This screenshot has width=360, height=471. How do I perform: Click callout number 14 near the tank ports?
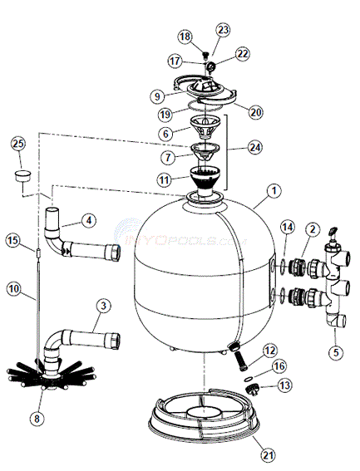286,227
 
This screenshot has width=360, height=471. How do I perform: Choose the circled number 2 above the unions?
312,228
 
